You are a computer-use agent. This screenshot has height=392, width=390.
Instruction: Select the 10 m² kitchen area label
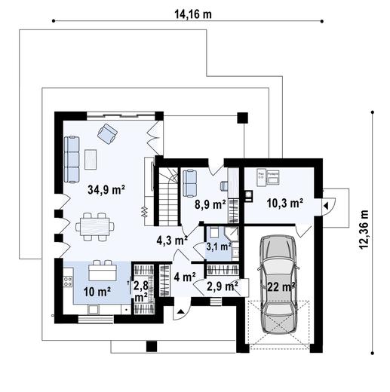tap(98, 292)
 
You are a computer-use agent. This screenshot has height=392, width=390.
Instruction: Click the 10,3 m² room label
tap(285, 203)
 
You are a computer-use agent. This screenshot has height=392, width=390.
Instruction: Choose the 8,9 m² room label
tap(210, 204)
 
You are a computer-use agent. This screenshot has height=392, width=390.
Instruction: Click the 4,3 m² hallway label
tap(171, 240)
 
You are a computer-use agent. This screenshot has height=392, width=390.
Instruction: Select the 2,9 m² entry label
tap(223, 286)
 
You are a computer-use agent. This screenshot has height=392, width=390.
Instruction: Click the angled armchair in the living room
tap(107, 134)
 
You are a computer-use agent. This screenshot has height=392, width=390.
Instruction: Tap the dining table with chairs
tap(95, 224)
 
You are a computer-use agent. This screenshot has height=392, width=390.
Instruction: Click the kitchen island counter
tap(102, 271)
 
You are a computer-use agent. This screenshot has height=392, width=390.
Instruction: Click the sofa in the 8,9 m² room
tap(189, 182)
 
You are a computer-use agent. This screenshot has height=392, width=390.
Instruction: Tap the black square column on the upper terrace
tap(241, 117)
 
